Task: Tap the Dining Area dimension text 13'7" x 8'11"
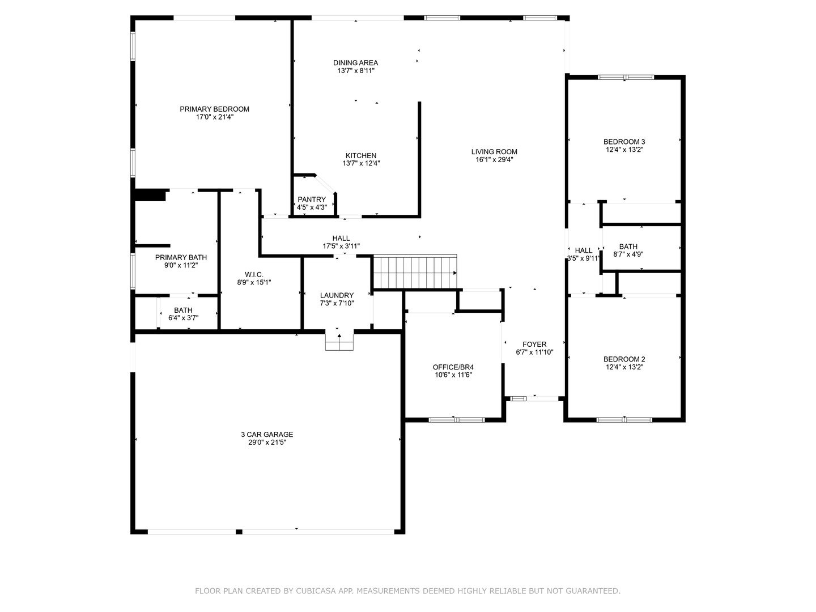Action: pyautogui.click(x=356, y=71)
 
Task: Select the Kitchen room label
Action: pyautogui.click(x=361, y=156)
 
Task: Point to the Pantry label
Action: pyautogui.click(x=312, y=199)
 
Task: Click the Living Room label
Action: pyautogui.click(x=494, y=152)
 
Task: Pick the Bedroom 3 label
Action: pyautogui.click(x=624, y=142)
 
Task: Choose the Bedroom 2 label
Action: pyautogui.click(x=624, y=359)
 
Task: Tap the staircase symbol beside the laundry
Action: pyautogui.click(x=415, y=272)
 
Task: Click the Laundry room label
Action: pyautogui.click(x=337, y=295)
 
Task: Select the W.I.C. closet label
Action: pyautogui.click(x=254, y=274)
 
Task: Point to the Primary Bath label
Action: pyautogui.click(x=181, y=257)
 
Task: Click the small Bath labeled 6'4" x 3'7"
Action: pyautogui.click(x=183, y=311)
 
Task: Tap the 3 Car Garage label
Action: pyautogui.click(x=266, y=435)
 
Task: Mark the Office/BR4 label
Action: pyautogui.click(x=453, y=367)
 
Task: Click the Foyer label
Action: pyautogui.click(x=534, y=345)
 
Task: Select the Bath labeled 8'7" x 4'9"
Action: pyautogui.click(x=628, y=246)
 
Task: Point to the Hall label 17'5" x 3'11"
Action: pyautogui.click(x=341, y=239)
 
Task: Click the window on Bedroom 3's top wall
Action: pyautogui.click(x=626, y=77)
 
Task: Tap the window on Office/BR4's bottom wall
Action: pyautogui.click(x=456, y=420)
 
